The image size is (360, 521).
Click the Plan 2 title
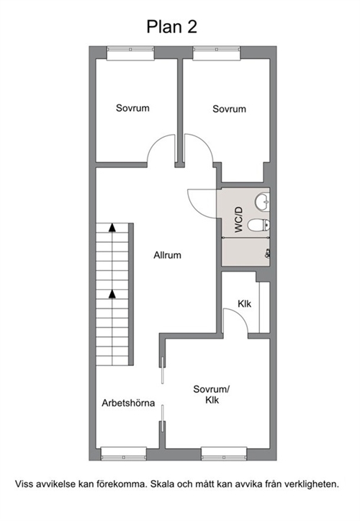(171, 27)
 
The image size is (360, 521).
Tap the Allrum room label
(167, 255)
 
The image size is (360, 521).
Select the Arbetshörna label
(128, 403)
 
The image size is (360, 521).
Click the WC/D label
(239, 220)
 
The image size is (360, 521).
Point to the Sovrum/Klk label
(212, 394)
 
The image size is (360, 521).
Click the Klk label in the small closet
(244, 303)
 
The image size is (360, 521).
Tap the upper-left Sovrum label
(132, 108)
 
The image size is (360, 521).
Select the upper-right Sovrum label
(229, 109)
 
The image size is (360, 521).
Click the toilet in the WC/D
(258, 226)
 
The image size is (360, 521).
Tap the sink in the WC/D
(262, 202)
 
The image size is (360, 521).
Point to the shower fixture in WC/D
(267, 254)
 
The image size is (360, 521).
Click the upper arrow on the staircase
(112, 228)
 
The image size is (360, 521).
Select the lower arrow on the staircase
(112, 294)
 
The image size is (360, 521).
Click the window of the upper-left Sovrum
(130, 53)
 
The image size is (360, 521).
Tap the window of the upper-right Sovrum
(217, 53)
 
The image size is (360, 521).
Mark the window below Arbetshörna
(124, 454)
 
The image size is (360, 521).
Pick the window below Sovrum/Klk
(224, 454)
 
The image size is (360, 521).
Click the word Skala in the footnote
(162, 484)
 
